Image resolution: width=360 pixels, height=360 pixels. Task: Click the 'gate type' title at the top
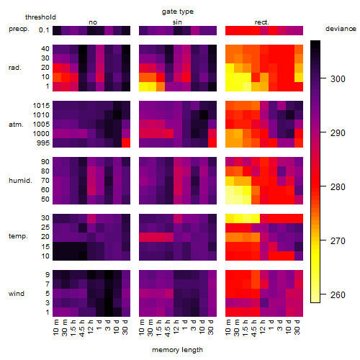pyautogui.click(x=178, y=12)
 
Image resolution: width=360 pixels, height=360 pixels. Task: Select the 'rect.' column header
pyautogui.click(x=262, y=22)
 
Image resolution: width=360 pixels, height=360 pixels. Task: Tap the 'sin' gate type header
pyautogui.click(x=177, y=22)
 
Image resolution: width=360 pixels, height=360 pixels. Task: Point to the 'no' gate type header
pyautogui.click(x=93, y=22)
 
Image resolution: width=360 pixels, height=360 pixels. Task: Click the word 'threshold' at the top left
pyautogui.click(x=40, y=17)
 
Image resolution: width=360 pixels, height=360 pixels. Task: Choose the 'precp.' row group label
pyautogui.click(x=19, y=29)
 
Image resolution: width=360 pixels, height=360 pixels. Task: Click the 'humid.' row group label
pyautogui.click(x=20, y=180)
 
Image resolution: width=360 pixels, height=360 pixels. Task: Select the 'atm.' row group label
pyautogui.click(x=16, y=125)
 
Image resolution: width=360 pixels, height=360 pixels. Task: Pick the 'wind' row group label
pyautogui.click(x=17, y=293)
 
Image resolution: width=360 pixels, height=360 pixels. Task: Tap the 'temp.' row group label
pyautogui.click(x=18, y=236)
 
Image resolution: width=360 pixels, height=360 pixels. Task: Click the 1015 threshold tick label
pyautogui.click(x=41, y=106)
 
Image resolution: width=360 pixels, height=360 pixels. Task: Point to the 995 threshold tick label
pyautogui.click(x=43, y=143)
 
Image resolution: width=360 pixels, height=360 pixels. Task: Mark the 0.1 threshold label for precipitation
pyautogui.click(x=44, y=30)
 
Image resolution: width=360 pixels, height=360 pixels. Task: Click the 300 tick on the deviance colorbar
pyautogui.click(x=338, y=78)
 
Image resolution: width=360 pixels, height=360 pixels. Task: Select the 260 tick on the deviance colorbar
pyautogui.click(x=338, y=294)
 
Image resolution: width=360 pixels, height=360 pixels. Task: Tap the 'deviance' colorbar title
pyautogui.click(x=341, y=29)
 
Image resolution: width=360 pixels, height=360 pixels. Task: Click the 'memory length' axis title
pyautogui.click(x=178, y=350)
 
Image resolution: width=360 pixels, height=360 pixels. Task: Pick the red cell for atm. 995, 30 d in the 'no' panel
pyautogui.click(x=126, y=143)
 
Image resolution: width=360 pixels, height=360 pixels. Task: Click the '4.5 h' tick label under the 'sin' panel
pyautogui.click(x=168, y=328)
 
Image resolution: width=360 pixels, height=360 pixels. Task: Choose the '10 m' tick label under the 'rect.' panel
pyautogui.click(x=228, y=328)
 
